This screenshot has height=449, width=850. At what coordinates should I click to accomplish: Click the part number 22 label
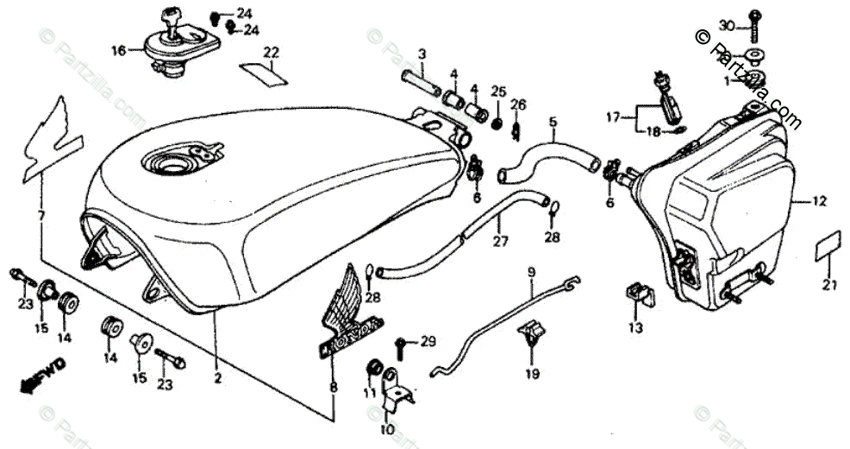coord(272,53)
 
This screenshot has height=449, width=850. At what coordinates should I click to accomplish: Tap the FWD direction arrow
coord(41,373)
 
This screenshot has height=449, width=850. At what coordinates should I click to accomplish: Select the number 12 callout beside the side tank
coord(820,202)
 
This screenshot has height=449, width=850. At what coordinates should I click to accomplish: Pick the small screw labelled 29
coord(401,345)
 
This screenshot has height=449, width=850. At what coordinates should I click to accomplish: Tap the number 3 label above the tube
coord(422,54)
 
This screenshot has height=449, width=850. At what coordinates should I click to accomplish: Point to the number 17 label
coord(612,117)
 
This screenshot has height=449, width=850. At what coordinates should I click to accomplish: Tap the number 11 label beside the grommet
coord(369,392)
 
